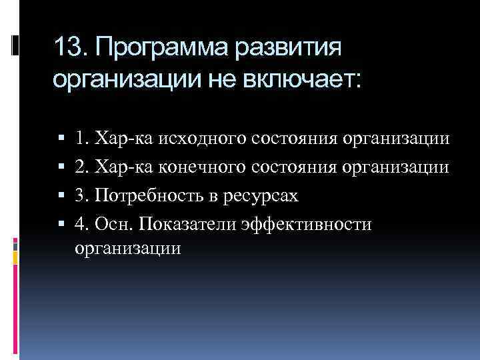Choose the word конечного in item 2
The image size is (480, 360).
(209, 167)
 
